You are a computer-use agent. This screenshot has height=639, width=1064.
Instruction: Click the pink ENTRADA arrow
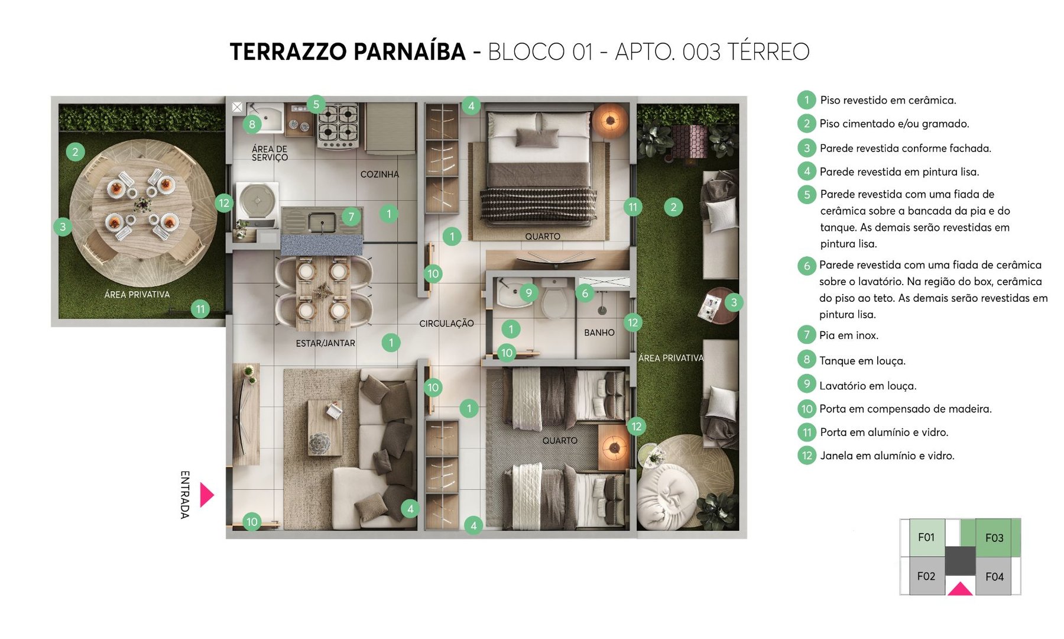tap(206, 495)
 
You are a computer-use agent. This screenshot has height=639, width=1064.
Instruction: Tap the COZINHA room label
tap(379, 174)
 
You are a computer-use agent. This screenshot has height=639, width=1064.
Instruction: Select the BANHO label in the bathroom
tap(599, 333)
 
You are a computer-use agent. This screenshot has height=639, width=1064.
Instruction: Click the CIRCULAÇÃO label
tap(446, 323)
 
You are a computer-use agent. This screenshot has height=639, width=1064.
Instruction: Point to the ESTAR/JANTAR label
tap(325, 343)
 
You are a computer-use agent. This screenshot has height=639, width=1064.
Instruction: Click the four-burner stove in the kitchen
tap(339, 125)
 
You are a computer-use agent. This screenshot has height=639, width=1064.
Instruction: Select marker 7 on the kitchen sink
tap(351, 217)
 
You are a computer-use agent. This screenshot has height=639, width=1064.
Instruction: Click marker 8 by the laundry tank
tap(252, 124)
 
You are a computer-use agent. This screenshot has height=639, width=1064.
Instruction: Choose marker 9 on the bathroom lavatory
tap(528, 292)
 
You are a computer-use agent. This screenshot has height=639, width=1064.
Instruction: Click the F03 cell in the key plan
tap(994, 538)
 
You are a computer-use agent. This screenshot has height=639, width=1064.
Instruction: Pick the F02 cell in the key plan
tap(926, 576)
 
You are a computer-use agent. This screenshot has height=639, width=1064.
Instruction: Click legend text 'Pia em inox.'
tap(848, 335)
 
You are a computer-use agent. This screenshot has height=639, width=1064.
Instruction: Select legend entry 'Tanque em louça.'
tap(862, 360)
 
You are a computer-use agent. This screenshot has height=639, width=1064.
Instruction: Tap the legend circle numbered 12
tap(806, 456)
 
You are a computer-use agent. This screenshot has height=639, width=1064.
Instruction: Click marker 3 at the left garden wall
tap(63, 226)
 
